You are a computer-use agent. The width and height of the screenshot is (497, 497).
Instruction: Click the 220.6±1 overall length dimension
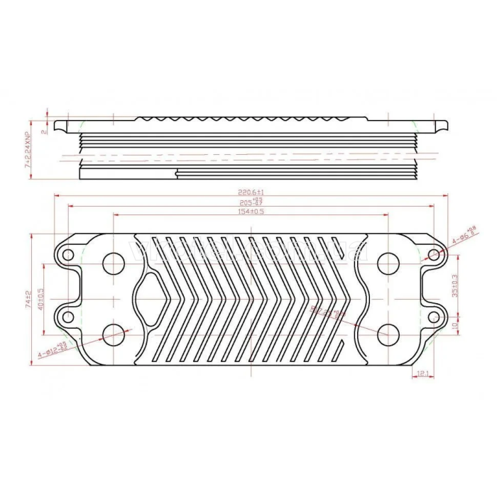pos(251,192)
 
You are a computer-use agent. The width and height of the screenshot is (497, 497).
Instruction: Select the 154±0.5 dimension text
pos(251,212)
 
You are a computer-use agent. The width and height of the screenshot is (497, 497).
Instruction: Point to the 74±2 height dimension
pos(28,299)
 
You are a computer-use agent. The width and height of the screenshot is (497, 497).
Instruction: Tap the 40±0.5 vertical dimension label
pos(42,299)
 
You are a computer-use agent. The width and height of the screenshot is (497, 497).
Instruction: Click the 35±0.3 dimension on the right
pos(455,285)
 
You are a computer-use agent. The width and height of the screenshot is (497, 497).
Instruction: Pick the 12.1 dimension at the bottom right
pos(423,373)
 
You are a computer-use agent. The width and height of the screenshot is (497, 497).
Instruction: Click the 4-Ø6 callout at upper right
pos(464,235)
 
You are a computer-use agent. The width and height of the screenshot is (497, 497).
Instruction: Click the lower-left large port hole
pos(114,333)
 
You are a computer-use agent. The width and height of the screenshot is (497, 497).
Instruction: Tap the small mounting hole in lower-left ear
pos(67,315)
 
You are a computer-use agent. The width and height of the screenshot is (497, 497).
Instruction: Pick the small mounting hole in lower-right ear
pos(435,315)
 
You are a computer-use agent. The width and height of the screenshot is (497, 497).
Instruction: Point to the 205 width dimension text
pos(251,202)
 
